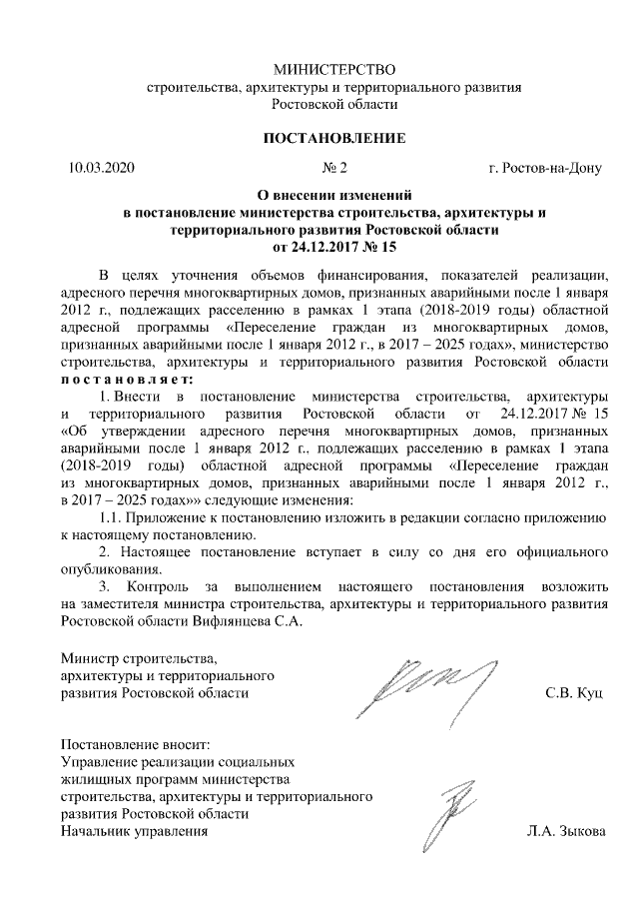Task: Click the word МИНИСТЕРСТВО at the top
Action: click(x=334, y=70)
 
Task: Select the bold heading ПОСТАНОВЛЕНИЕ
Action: click(x=333, y=138)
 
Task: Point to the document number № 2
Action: click(x=333, y=168)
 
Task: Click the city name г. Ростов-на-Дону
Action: click(x=544, y=168)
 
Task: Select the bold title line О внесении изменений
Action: click(x=334, y=197)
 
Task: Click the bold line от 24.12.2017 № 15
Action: click(x=334, y=245)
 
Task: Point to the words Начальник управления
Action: click(x=134, y=830)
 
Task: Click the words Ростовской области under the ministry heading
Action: click(x=334, y=103)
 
